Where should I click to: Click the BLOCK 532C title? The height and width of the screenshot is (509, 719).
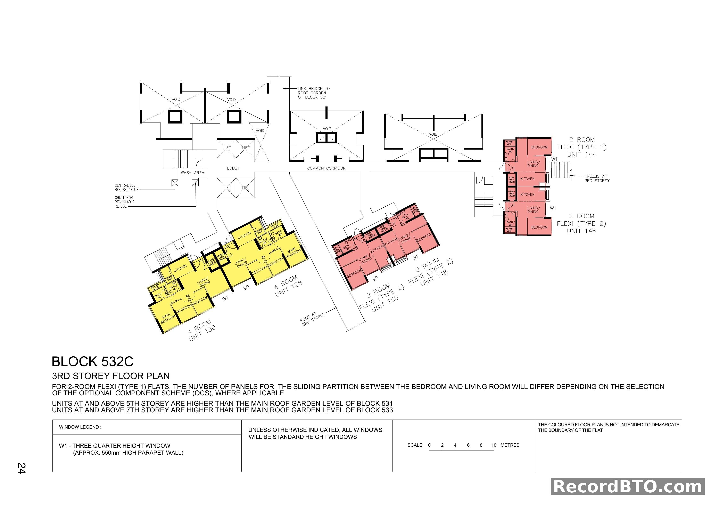(x=92, y=362)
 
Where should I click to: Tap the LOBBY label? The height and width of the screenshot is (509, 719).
(x=233, y=168)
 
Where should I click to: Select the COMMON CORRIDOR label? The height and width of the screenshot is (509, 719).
(x=326, y=168)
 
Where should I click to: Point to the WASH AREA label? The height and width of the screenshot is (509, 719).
(x=192, y=173)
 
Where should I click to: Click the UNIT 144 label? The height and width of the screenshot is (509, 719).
(x=581, y=154)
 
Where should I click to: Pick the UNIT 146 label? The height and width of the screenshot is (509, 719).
(x=581, y=231)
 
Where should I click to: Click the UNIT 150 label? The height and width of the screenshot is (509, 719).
(x=385, y=303)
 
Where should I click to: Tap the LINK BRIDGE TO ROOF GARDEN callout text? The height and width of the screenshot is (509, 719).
(x=313, y=93)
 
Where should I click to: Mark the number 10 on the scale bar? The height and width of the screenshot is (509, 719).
(x=494, y=445)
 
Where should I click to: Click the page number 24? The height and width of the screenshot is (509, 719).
(x=21, y=468)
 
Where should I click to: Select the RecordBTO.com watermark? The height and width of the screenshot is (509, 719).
(x=628, y=487)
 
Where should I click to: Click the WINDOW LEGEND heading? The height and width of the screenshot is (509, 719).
(x=80, y=427)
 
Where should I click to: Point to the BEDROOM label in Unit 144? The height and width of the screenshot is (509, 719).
(x=539, y=147)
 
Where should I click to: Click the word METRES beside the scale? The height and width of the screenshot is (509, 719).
(x=510, y=445)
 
